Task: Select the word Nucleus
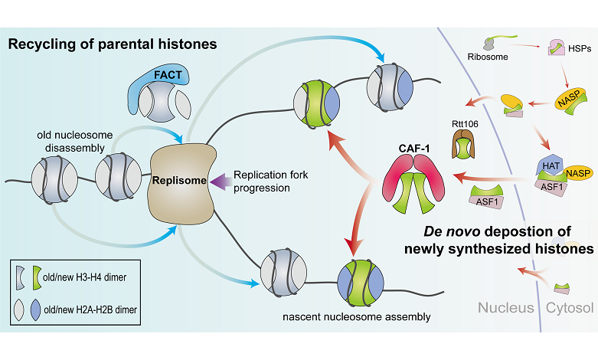pos(507,309)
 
